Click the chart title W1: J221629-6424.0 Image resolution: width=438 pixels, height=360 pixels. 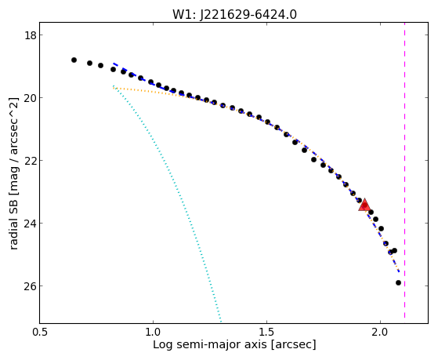pos(234,14)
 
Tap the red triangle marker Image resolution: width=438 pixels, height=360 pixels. pos(364,205)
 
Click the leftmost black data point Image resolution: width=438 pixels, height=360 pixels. pos(74,60)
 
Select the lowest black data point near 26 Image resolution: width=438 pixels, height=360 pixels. pos(398,283)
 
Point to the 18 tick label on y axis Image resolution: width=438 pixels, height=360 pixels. pos(31,35)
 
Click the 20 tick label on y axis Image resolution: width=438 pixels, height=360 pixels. pos(31,98)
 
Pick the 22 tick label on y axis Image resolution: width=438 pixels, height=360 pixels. pos(31,161)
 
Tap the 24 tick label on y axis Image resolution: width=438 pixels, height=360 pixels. pos(31,224)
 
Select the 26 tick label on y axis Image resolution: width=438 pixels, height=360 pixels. pos(31,285)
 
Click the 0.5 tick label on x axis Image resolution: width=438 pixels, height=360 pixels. pos(40,332)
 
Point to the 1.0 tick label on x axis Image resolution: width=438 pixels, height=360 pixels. pos(153,332)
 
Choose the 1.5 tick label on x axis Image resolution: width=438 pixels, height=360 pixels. pos(266,332)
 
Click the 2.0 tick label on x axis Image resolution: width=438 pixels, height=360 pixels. pos(381,332)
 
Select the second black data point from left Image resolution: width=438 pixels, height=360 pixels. pos(89,63)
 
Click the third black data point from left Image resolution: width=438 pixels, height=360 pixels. pos(100,65)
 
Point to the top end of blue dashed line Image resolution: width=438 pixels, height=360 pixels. pos(114,64)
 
